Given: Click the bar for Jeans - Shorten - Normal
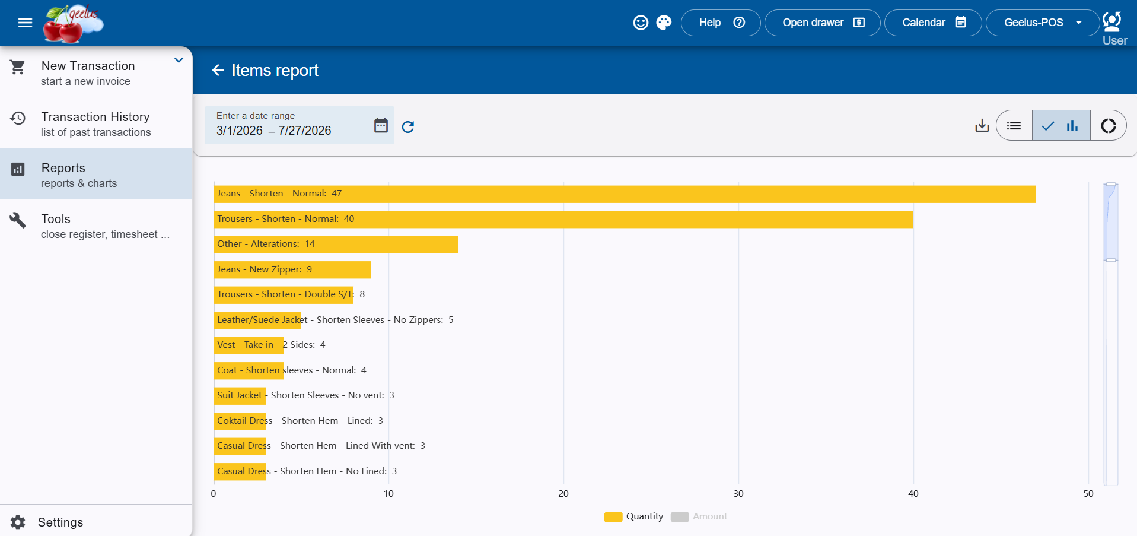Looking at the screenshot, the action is (625, 194).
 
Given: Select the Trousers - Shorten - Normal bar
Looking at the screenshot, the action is (563, 219).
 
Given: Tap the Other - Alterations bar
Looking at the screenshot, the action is (336, 245).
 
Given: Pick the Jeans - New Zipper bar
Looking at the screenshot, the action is (292, 269).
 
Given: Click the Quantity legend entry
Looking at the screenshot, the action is (633, 516).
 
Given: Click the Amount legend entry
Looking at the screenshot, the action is (699, 516).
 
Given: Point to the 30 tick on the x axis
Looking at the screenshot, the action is (738, 494).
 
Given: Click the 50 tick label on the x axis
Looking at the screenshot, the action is (1088, 494).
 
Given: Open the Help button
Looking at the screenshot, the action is (721, 23).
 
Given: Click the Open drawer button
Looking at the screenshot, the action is (823, 23).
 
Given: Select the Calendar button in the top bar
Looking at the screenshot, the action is (933, 23).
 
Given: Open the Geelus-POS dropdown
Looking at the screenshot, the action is (1043, 23).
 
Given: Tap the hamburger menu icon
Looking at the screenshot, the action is (25, 23).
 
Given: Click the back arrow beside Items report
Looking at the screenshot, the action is (218, 70).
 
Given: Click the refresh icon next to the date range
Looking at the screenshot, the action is (408, 126).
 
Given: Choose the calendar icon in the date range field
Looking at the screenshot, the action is (381, 125).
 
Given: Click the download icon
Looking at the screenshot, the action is (982, 125).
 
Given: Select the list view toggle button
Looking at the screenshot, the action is (1014, 125).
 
